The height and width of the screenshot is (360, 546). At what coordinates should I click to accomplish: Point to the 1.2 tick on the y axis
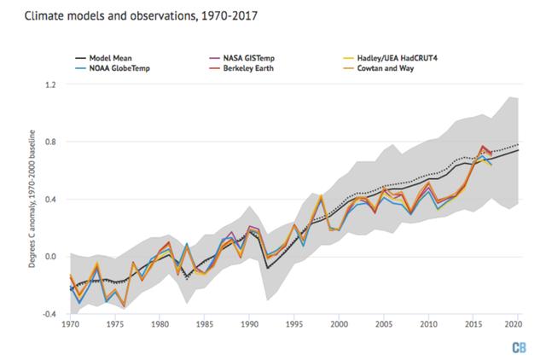(50, 85)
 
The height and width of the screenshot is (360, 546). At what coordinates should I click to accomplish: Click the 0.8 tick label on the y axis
(50, 142)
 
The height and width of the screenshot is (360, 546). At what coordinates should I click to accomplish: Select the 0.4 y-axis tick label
(50, 200)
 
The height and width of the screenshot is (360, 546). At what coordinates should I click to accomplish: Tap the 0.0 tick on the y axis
(50, 257)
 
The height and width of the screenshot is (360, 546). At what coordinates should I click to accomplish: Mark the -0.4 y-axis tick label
(49, 314)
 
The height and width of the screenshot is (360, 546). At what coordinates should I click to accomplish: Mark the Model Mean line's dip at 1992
(267, 268)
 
